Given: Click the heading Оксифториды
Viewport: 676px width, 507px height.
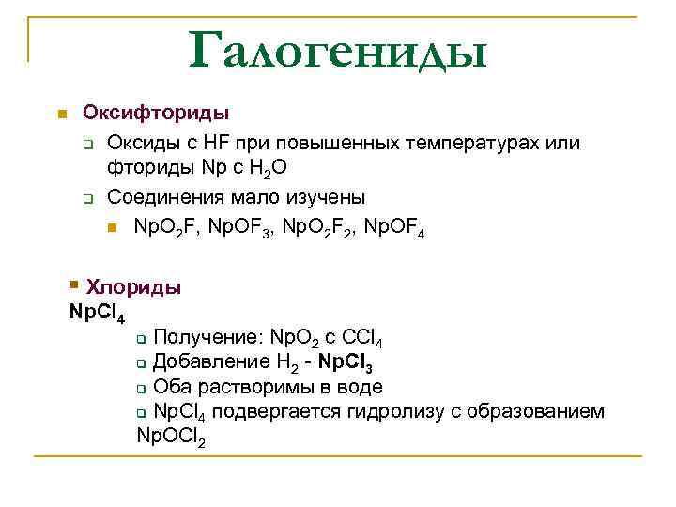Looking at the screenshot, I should point(156,114).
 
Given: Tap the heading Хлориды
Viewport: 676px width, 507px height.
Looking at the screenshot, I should point(132,287).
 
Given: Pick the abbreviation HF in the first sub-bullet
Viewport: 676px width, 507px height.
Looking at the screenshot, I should point(208,143).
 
